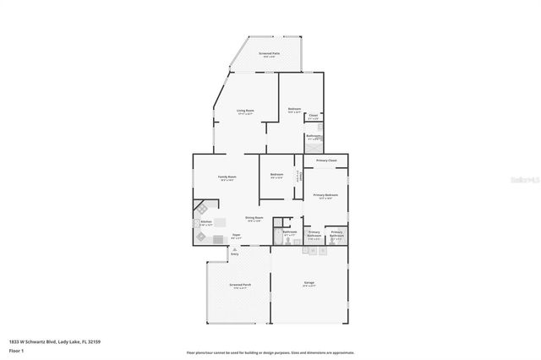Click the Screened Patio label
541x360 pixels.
coord(270,55)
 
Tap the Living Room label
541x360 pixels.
coord(245,112)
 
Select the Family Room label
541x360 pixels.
coord(227,177)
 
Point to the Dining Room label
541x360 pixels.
coord(254,218)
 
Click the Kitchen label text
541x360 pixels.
coord(205,224)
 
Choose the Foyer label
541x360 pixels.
coord(237,236)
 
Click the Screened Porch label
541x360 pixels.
coord(240,286)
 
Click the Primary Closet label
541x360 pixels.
coord(326,161)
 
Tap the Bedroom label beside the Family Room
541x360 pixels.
coord(276,177)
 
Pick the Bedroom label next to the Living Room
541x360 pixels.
coord(294,109)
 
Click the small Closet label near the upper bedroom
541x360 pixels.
coord(313,117)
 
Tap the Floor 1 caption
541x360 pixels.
coord(15,350)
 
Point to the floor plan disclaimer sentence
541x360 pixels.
coord(270,352)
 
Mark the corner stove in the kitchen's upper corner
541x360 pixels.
coord(199,206)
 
